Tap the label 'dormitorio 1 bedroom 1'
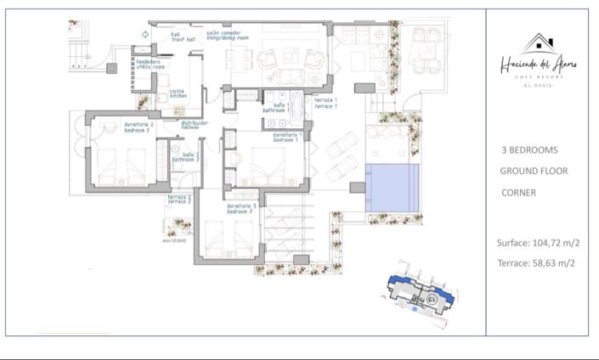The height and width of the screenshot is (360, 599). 288,137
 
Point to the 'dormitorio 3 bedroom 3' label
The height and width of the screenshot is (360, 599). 242,208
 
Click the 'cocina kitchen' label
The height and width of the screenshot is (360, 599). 178,93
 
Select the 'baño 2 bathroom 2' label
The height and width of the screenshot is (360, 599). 185,157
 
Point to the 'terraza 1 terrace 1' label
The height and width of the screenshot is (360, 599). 325,102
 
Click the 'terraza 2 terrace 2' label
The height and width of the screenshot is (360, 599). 178,200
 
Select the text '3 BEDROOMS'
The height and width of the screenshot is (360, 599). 529,150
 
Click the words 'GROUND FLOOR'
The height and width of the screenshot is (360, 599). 534,172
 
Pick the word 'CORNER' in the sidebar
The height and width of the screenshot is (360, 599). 518,193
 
